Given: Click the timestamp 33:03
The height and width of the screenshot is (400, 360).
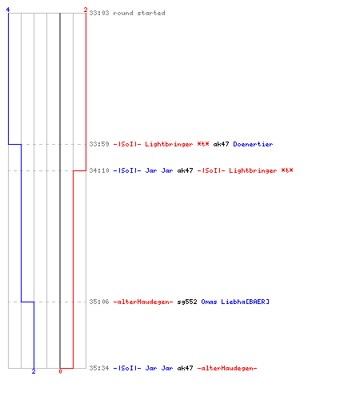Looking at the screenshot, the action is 99,13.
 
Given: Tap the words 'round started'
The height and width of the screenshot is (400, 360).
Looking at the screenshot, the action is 139,13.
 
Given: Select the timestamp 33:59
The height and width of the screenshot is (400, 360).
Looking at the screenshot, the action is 99,144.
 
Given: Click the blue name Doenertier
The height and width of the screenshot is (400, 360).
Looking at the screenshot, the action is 253,144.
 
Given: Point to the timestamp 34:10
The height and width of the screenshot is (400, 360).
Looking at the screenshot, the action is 99,170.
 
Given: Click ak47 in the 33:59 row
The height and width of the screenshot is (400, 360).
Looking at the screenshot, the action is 221,144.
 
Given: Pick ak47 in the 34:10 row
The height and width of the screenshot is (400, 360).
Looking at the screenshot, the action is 185,170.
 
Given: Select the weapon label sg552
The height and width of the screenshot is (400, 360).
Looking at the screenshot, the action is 187,302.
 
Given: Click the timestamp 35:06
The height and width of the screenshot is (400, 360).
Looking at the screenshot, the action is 99,302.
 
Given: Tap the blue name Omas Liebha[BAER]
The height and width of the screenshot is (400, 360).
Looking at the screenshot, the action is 235,302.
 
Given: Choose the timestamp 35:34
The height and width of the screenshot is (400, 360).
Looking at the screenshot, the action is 99,368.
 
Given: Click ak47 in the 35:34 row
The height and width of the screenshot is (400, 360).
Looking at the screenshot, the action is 185,368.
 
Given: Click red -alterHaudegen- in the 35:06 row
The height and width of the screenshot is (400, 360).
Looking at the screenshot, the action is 143,302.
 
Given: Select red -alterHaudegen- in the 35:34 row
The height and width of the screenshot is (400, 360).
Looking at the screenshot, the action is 227,368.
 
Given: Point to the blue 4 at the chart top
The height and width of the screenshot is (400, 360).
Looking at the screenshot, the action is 8,10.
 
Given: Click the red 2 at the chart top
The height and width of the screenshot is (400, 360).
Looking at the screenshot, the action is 86,10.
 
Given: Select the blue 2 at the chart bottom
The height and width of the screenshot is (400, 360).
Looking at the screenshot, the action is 34,371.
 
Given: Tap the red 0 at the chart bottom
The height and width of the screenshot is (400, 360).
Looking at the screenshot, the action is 60,371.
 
